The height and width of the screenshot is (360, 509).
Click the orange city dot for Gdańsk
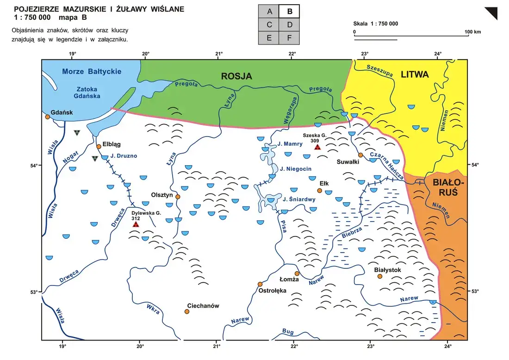48,117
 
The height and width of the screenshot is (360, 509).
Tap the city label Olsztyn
162,195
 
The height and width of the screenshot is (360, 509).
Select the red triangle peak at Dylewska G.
136,224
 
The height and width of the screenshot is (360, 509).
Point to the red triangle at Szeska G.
317,147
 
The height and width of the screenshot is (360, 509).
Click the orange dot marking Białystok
380,276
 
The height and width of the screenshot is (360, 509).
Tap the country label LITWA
415,74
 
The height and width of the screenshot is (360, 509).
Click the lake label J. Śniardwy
298,200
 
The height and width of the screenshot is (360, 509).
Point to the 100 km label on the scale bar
472,32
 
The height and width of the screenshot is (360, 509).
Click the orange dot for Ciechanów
187,311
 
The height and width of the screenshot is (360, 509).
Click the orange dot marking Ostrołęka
260,284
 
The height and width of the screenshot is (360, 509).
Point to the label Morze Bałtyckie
92,71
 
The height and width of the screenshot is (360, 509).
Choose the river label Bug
287,331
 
